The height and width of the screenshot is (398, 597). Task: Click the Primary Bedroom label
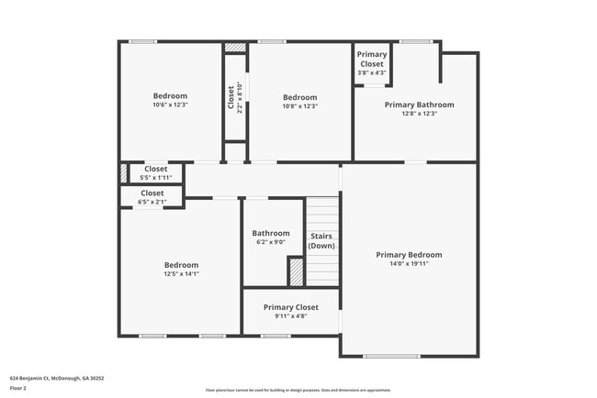pos(409,255)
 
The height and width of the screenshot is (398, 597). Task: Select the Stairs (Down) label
pos(321,240)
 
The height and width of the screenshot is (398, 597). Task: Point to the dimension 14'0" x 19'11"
pos(409,264)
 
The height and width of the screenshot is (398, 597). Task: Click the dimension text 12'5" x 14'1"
pos(181,274)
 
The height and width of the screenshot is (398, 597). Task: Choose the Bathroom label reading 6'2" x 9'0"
pos(271,233)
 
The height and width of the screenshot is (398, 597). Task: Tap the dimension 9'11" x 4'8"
pos(290,316)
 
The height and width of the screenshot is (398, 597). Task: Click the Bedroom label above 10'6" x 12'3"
pos(170,96)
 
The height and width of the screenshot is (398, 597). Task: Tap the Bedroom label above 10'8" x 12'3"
pos(299,98)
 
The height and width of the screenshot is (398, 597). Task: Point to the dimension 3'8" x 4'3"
pos(372,72)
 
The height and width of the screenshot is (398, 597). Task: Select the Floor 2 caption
pos(18,388)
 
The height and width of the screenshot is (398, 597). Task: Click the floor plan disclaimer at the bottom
pos(298,390)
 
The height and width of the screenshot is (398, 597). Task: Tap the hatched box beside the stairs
pos(296,272)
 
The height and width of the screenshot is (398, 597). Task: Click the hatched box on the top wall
pos(236,46)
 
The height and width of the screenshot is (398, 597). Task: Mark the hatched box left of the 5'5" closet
pos(123,172)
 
